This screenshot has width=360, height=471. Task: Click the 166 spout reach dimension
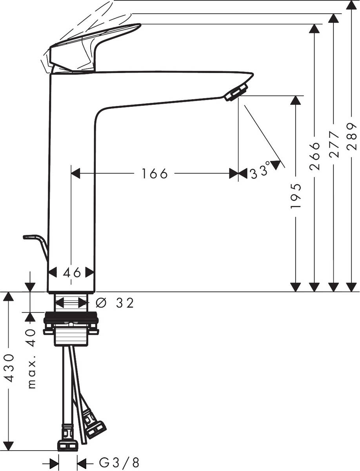click(x=155, y=173)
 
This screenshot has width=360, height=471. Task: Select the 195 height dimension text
click(x=297, y=195)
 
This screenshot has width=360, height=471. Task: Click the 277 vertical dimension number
click(x=334, y=144)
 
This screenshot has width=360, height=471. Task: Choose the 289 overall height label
click(x=352, y=136)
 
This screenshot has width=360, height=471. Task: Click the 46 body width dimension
click(x=71, y=272)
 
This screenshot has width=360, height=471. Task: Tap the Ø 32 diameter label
click(x=115, y=303)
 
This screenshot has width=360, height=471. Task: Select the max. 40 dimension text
click(x=32, y=359)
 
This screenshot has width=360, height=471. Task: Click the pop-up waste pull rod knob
click(x=31, y=237)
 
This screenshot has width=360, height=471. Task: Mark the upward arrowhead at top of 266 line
click(x=314, y=29)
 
